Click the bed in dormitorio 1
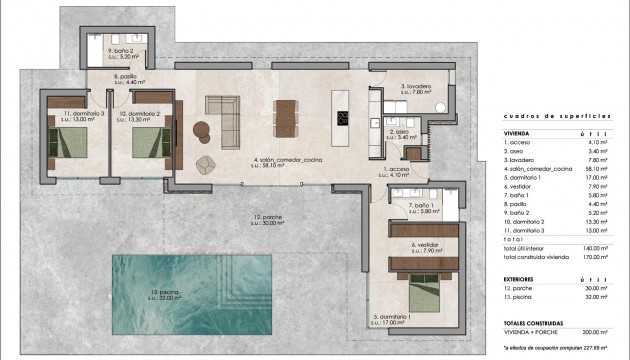point(428,291)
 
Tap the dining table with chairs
point(286,116)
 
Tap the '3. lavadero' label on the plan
point(416,90)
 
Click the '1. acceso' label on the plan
point(400,172)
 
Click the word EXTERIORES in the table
point(523,279)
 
